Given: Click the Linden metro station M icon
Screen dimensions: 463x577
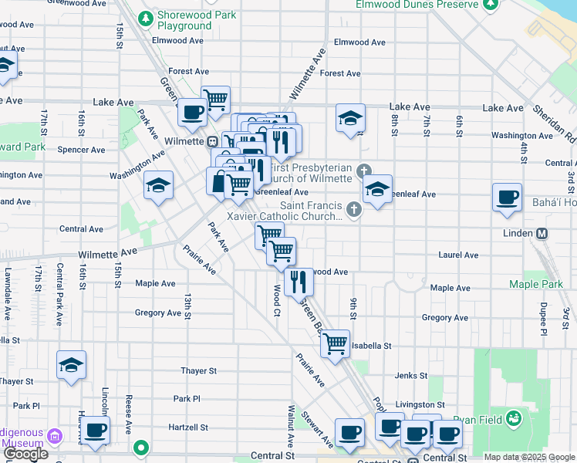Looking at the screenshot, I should [542, 233].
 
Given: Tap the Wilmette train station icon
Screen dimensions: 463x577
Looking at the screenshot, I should [212, 142].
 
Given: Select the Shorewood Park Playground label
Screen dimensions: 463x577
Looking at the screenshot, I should [184, 20].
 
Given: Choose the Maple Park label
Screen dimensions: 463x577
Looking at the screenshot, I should [535, 285].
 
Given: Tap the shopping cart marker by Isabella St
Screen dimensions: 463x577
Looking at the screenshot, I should [335, 343].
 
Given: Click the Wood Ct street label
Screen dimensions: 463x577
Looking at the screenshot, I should [276, 300].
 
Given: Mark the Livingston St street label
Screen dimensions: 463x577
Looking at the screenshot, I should [420, 404].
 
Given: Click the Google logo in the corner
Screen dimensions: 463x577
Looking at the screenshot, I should [25, 454].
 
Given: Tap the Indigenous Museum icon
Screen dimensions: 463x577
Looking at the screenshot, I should [54, 438].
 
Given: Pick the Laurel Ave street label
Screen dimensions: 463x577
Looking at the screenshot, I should [458, 255].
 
